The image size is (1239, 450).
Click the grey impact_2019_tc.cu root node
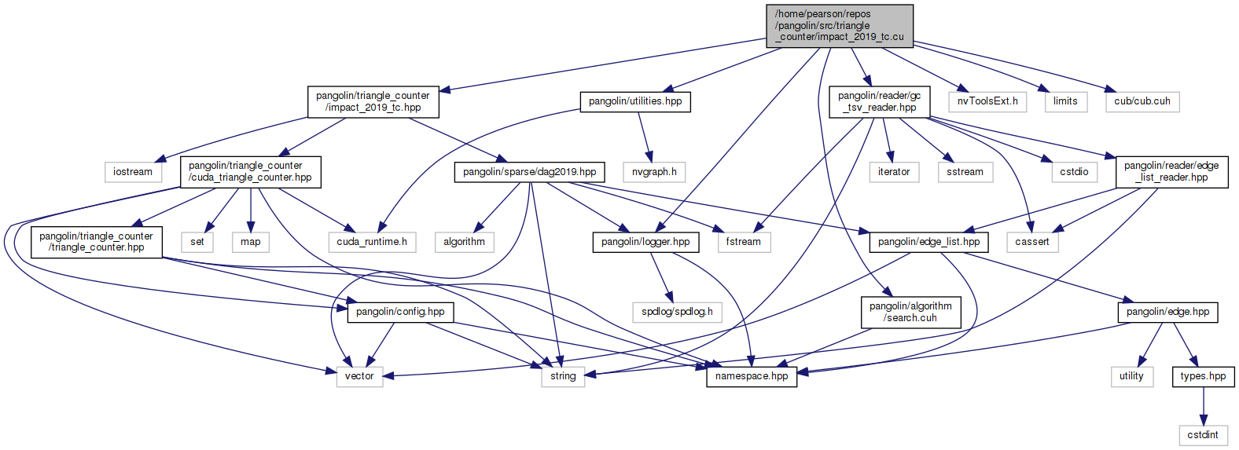click(x=840, y=26)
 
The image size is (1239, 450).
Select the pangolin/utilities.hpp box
click(x=635, y=101)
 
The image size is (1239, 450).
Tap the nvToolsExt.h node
click(x=987, y=101)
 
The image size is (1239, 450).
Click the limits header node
click(x=1065, y=101)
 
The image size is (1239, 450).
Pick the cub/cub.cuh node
click(x=1142, y=101)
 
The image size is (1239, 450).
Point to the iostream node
click(x=133, y=172)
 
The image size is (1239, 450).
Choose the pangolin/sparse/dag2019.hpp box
click(x=529, y=172)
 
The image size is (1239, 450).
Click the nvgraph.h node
click(x=654, y=172)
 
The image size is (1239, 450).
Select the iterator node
click(x=894, y=172)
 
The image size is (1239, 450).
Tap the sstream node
click(x=965, y=172)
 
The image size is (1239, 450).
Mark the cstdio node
click(x=1074, y=172)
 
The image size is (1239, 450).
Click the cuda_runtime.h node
click(x=372, y=242)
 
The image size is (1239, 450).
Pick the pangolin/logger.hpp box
click(x=645, y=242)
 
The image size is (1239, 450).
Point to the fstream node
click(x=743, y=242)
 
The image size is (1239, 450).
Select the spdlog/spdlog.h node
click(x=677, y=312)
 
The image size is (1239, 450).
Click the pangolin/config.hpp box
click(x=400, y=312)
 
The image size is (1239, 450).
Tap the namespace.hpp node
click(x=752, y=376)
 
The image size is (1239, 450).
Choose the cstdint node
click(x=1203, y=435)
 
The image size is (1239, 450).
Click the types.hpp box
click(x=1203, y=376)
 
